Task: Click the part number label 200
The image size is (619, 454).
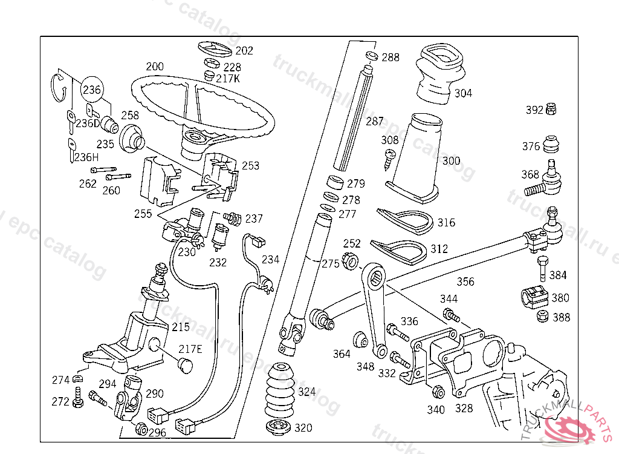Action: click(x=155, y=66)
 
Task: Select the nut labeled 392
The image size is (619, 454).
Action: click(x=551, y=110)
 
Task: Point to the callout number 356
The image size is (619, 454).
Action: click(x=465, y=281)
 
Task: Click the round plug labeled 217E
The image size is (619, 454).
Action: click(x=184, y=366)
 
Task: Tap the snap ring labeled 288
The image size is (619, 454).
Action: click(x=372, y=56)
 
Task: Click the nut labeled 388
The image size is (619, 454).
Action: click(x=542, y=317)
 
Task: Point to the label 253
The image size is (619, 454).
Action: click(x=250, y=165)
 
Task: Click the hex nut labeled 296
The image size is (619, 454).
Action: click(x=141, y=429)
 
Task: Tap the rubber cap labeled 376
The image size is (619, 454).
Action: click(x=550, y=145)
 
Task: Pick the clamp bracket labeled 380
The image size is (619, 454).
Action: click(x=533, y=297)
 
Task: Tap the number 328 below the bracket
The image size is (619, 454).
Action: click(x=464, y=409)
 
